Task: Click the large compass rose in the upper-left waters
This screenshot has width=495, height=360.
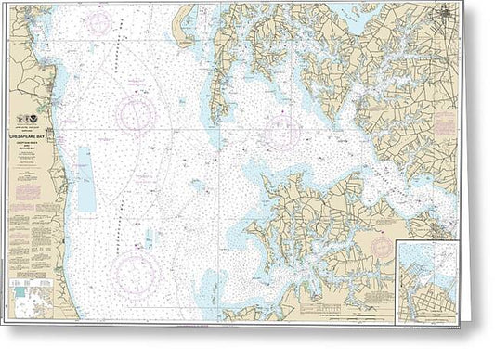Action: (136, 114)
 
